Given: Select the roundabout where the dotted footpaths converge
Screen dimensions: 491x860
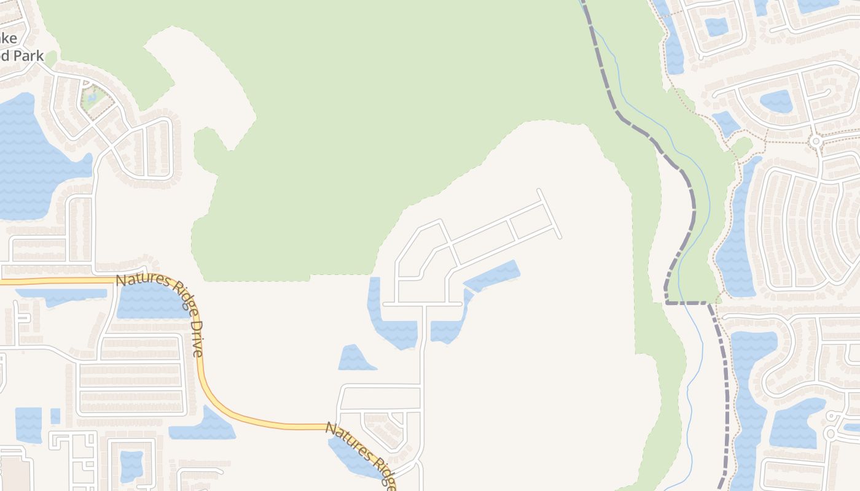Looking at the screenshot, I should point(816,141).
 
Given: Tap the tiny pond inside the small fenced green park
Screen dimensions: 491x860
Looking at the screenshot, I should point(93,96).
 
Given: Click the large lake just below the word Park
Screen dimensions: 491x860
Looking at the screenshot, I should point(31,160).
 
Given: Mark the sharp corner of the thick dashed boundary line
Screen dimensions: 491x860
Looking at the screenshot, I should point(667,302).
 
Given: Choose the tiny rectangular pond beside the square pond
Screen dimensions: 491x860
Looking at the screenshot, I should point(55,416).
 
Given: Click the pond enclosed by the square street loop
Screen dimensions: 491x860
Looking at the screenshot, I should point(131,465).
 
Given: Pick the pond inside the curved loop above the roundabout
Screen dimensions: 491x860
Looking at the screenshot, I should point(776,101).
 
